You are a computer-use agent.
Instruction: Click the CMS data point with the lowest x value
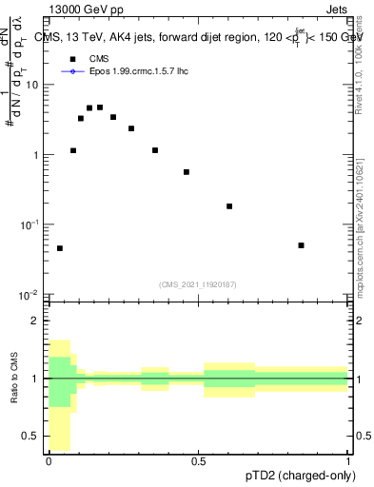tap(60, 248)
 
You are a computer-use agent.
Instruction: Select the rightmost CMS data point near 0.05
tap(301, 245)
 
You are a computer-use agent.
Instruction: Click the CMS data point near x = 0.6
tap(229, 206)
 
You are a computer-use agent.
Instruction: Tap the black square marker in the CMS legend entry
tap(71, 59)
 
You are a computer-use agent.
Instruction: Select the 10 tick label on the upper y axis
tap(31, 85)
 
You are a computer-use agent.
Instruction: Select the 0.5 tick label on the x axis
tap(199, 461)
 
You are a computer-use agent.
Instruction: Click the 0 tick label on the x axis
tap(49, 461)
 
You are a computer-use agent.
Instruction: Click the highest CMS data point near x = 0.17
tap(100, 107)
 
